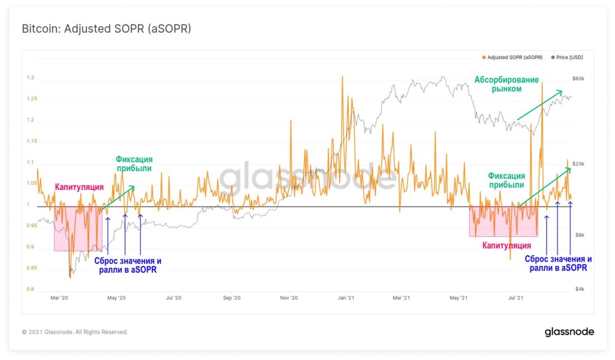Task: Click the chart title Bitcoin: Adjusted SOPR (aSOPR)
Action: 106,29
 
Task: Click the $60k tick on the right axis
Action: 578,79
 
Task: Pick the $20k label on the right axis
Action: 578,164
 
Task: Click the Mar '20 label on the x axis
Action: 59,299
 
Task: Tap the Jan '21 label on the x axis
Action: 346,299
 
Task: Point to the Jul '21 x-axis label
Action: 515,299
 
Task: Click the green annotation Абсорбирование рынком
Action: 507,84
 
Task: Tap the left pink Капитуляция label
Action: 79,187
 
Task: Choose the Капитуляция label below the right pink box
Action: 507,245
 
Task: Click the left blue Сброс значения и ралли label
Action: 127,265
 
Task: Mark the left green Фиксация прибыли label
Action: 134,164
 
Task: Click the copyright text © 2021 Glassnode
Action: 75,332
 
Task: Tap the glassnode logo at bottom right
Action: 569,332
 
